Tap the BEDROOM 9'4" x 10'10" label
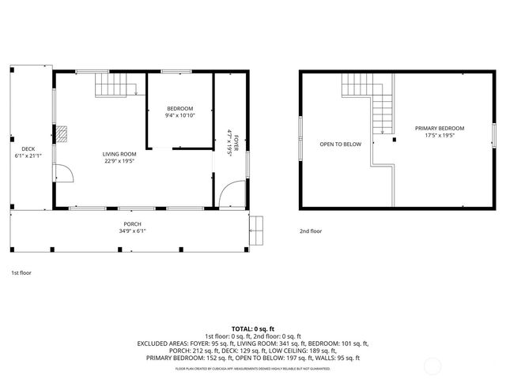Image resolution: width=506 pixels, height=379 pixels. point(179,112)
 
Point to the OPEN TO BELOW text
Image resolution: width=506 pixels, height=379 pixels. point(340,144)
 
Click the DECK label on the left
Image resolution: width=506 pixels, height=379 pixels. point(28,152)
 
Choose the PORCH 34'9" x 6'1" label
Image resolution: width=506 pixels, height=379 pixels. point(132,227)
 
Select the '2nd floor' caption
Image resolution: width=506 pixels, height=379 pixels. point(311,231)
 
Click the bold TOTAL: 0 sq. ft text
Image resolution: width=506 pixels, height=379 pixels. point(253,328)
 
